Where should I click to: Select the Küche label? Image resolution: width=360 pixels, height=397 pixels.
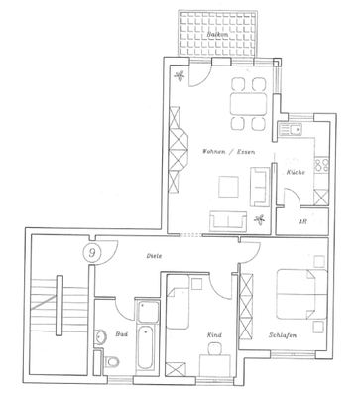click(296, 172)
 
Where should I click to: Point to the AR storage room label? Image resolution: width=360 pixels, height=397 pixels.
click(301, 222)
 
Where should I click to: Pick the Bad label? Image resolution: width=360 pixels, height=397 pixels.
click(121, 335)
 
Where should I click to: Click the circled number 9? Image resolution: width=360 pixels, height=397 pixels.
click(93, 253)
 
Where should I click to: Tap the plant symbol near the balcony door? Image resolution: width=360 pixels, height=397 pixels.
click(179, 77)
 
